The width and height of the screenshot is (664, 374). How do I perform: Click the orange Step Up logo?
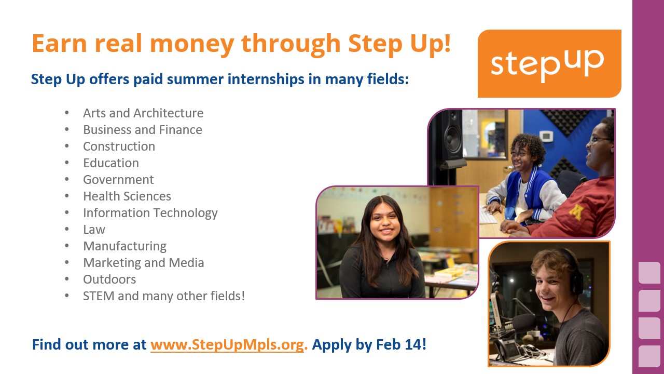[549, 63]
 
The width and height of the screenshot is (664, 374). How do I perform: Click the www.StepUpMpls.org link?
[227, 345]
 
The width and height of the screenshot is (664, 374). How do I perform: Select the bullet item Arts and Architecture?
[143, 113]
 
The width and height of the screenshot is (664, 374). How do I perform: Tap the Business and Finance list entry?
[143, 130]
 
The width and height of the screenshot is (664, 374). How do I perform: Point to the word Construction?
[119, 146]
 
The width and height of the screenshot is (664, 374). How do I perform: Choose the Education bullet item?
[111, 163]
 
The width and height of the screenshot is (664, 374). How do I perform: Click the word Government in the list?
[118, 180]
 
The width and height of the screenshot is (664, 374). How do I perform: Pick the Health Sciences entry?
[127, 196]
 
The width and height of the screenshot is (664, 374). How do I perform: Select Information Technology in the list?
[150, 213]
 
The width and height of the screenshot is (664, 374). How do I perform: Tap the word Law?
[94, 230]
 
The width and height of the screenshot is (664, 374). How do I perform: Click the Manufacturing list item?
[125, 247]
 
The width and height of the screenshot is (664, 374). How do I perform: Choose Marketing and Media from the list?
[144, 263]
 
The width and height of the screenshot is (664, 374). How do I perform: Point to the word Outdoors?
[109, 279]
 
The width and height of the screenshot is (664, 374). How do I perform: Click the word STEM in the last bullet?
[99, 296]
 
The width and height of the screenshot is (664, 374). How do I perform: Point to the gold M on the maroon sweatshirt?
[576, 211]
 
